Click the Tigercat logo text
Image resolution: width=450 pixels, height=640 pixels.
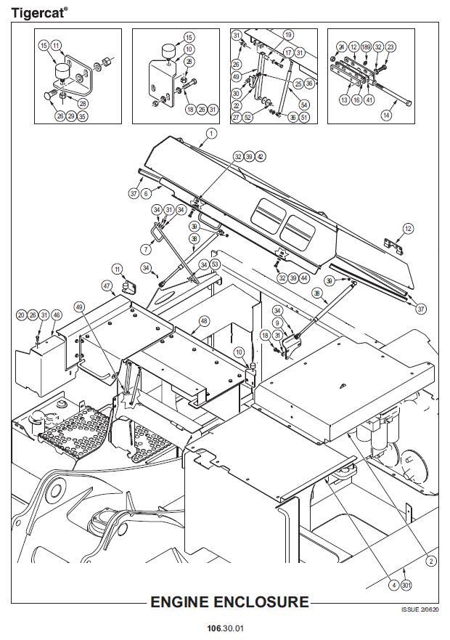[x=39, y=12]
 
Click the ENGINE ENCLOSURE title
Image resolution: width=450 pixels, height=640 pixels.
[x=229, y=602]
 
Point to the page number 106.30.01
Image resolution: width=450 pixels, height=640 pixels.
[x=224, y=628]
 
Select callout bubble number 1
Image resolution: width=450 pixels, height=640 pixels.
[x=211, y=134]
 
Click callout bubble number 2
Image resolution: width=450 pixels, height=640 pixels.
[x=430, y=561]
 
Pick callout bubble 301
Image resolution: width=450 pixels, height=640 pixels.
[x=406, y=585]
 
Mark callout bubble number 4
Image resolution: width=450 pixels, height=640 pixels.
[x=393, y=585]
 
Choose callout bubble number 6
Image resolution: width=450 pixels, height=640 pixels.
[x=146, y=193]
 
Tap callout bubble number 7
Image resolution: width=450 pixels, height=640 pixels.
[x=146, y=249]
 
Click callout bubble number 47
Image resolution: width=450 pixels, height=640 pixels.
[x=107, y=286]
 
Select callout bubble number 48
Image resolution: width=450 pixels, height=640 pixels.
[x=204, y=320]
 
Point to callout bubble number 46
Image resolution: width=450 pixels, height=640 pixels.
[x=57, y=315]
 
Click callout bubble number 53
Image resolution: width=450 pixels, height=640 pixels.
[x=215, y=264]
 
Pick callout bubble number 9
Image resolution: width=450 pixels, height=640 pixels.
[x=277, y=323]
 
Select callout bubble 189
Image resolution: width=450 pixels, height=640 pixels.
[x=366, y=46]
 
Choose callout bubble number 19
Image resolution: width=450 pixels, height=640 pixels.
[x=288, y=35]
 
